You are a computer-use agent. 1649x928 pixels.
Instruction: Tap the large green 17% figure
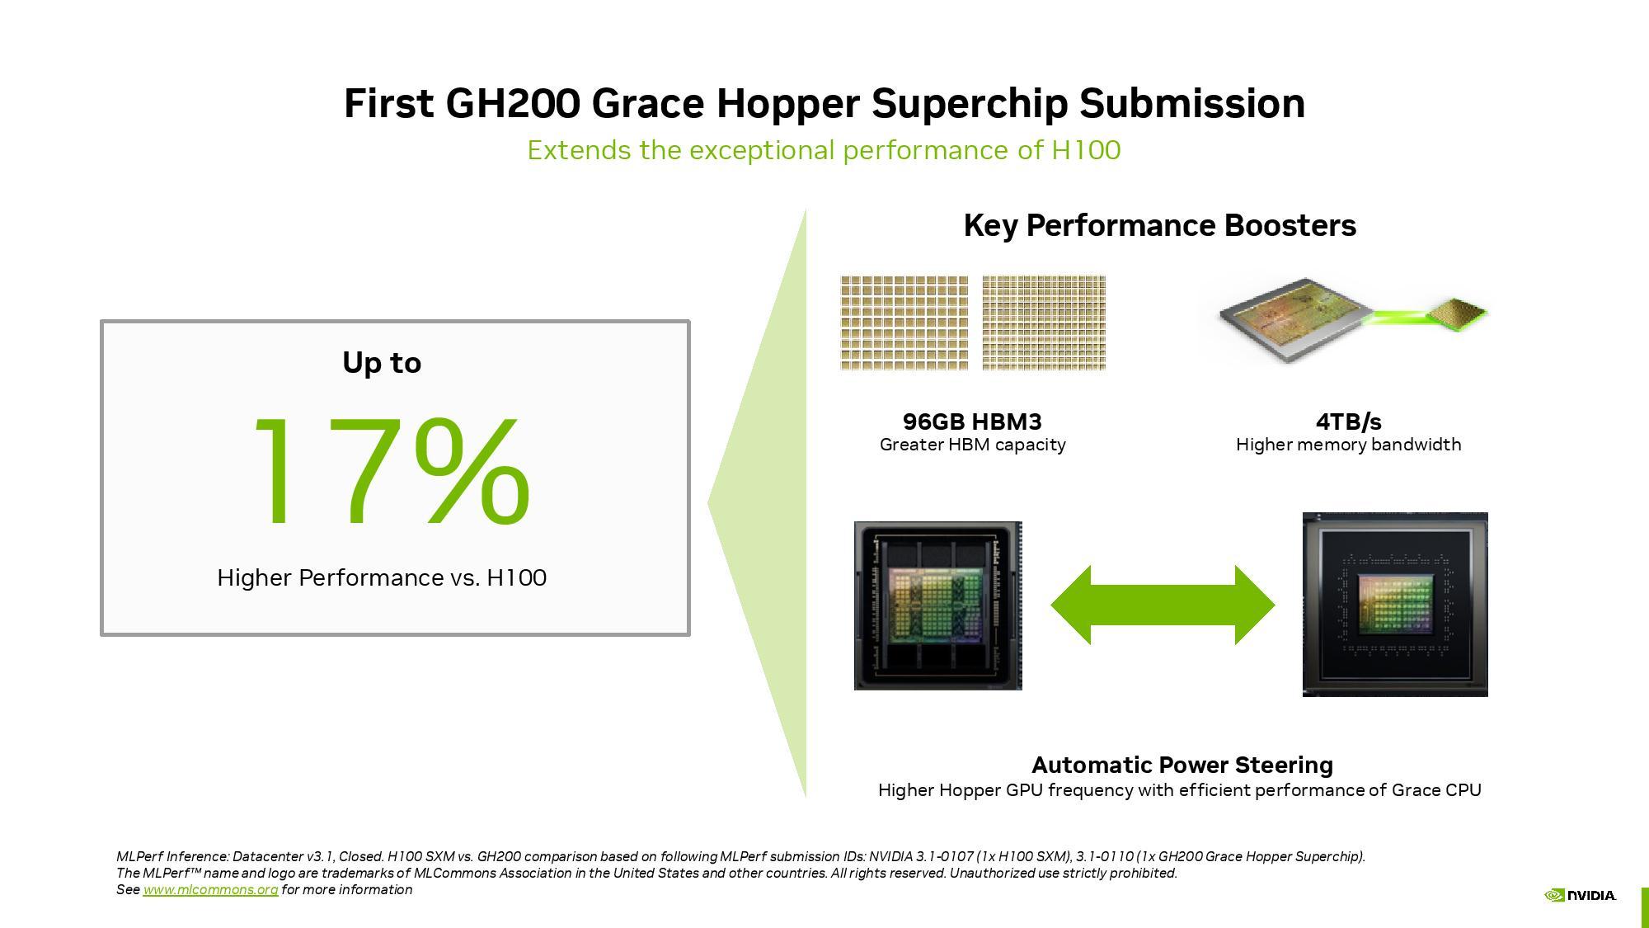(x=392, y=472)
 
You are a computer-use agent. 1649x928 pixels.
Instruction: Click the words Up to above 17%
(x=382, y=363)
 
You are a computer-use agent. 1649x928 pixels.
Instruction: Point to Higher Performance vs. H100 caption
(x=382, y=577)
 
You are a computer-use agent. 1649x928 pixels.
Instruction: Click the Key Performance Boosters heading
(x=1159, y=225)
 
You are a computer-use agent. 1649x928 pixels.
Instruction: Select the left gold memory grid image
(x=904, y=323)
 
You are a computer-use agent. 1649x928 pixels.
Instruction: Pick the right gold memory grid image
(x=1044, y=323)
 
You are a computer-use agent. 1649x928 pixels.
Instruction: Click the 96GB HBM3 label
(x=972, y=422)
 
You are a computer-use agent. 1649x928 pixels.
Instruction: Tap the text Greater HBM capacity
(x=972, y=445)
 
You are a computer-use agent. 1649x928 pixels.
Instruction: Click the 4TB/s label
(x=1348, y=422)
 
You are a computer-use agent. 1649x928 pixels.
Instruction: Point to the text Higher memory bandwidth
(x=1348, y=445)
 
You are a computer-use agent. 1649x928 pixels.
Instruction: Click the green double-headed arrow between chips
(x=1163, y=605)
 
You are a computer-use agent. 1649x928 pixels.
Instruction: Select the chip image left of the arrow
(x=937, y=605)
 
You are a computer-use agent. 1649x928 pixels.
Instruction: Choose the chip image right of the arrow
(x=1395, y=605)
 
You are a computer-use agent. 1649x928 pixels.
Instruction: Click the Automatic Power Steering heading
(x=1182, y=765)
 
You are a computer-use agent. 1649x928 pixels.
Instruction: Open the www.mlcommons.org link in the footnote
(x=210, y=889)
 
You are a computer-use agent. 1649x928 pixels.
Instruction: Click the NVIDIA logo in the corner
(x=1580, y=895)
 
